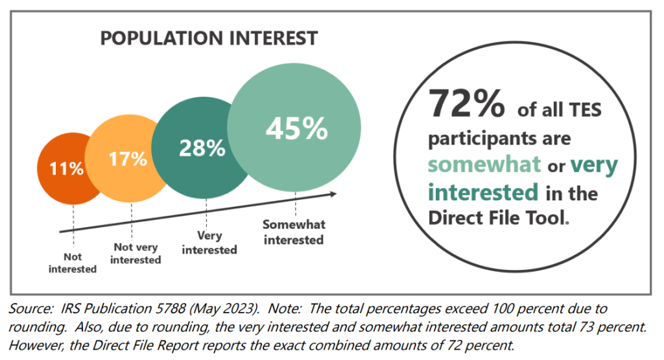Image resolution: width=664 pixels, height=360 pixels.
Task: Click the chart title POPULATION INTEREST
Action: (x=209, y=38)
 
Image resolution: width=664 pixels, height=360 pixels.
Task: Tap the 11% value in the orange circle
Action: (x=67, y=169)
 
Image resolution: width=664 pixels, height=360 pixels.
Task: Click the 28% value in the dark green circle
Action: (x=202, y=148)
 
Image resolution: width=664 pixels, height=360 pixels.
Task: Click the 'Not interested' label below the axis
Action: (x=73, y=263)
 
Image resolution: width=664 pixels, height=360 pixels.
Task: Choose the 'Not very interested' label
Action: (x=136, y=253)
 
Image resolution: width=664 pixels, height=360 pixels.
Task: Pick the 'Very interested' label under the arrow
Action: (x=209, y=243)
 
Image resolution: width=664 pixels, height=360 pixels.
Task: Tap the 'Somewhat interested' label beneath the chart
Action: (x=294, y=232)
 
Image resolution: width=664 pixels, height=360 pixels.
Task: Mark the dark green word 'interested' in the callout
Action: (x=483, y=192)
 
